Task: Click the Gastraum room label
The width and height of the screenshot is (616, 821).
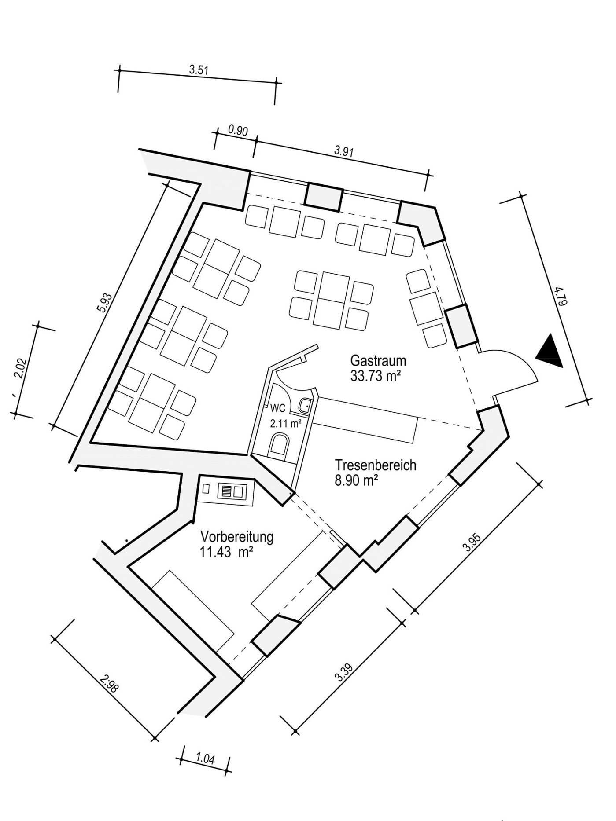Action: (x=378, y=362)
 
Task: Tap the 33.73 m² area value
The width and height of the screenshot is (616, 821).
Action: (x=376, y=376)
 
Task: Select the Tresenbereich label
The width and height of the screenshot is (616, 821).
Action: (x=375, y=465)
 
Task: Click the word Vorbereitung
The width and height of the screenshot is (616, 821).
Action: (x=237, y=537)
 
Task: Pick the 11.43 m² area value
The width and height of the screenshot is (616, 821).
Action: (x=226, y=552)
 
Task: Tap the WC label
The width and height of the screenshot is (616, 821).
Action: (x=278, y=408)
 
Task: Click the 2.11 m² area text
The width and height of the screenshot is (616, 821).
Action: (x=286, y=424)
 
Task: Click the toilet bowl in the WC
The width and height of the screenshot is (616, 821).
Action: (x=278, y=445)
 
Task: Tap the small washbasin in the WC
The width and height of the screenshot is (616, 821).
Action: (x=305, y=405)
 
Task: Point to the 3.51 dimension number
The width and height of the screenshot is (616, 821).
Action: (x=199, y=70)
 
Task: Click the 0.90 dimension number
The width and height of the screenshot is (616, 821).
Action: (x=238, y=131)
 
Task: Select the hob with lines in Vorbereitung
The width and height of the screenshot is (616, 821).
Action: (x=226, y=491)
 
